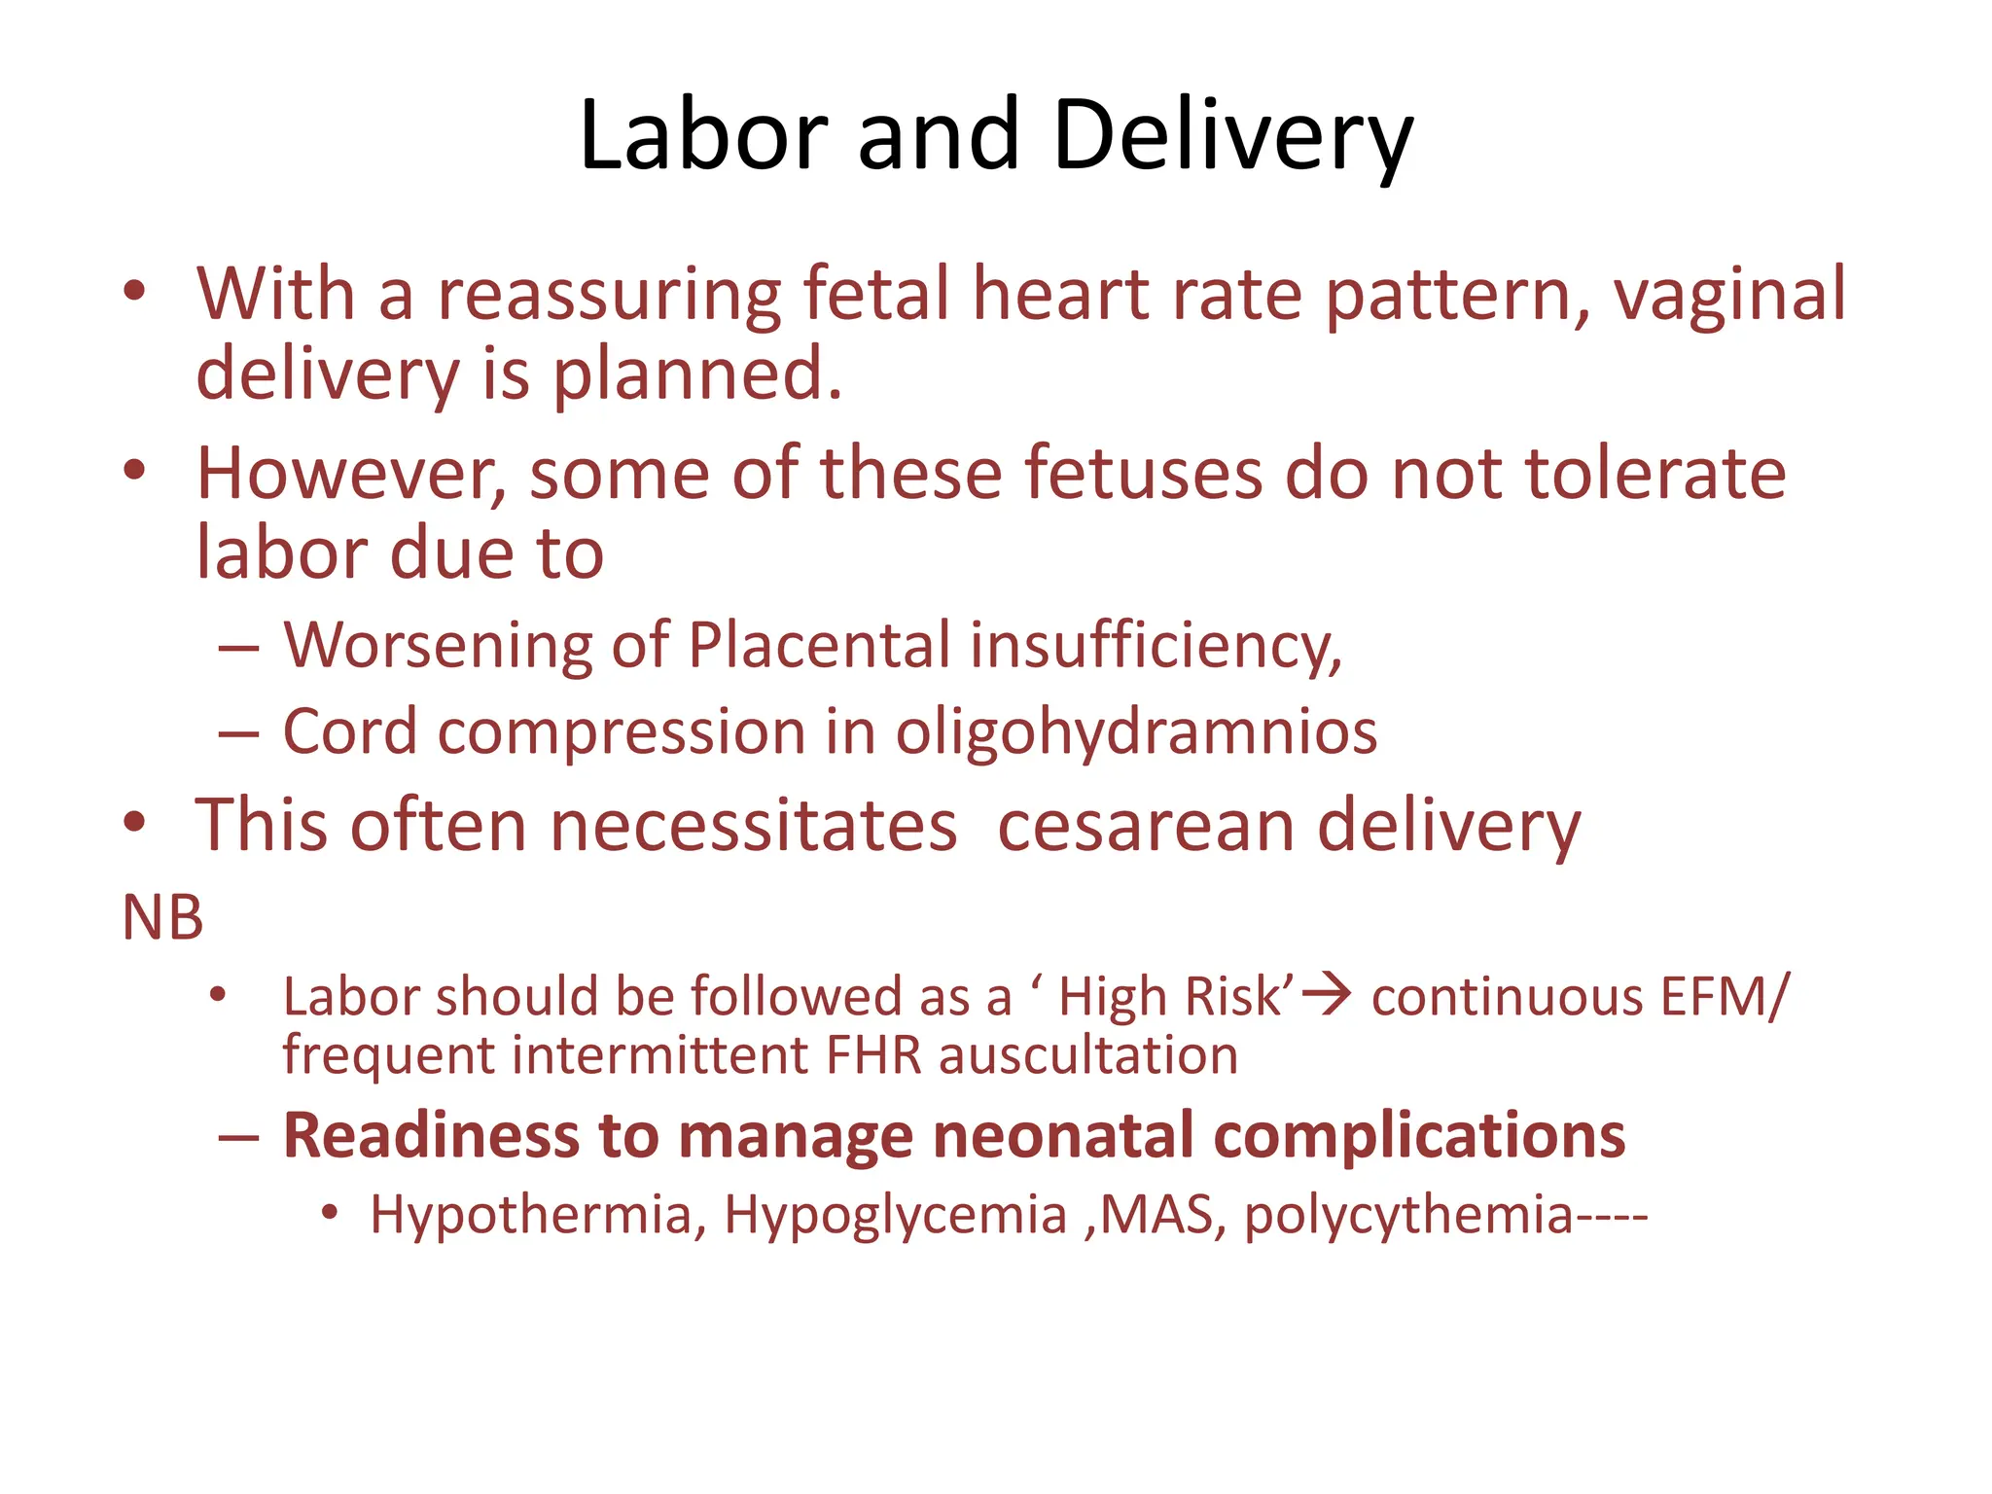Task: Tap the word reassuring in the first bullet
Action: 609,295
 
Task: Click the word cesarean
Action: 1146,826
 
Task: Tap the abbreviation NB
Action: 162,917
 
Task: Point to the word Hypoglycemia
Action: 895,1216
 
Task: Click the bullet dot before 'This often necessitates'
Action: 134,823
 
